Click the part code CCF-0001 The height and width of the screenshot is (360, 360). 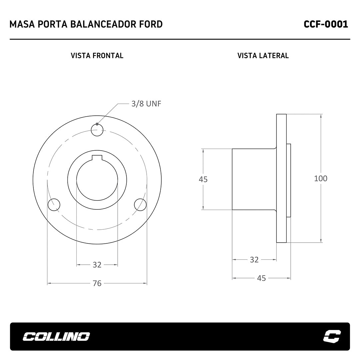(326, 24)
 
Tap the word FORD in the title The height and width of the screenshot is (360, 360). (151, 24)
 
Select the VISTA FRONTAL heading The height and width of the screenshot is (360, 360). (97, 56)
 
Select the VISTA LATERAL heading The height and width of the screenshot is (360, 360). (263, 56)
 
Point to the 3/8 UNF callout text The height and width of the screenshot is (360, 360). (146, 104)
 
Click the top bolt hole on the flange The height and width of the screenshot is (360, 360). (97, 130)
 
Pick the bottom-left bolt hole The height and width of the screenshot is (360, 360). (54, 205)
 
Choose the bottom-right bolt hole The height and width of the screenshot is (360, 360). (140, 205)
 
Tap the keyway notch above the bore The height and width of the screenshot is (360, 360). (97, 157)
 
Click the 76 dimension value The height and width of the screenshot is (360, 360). (97, 283)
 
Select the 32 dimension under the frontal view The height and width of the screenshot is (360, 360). (97, 265)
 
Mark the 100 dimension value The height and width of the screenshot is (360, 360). (321, 178)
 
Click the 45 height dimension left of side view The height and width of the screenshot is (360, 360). (203, 179)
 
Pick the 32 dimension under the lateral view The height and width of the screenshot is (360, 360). (254, 260)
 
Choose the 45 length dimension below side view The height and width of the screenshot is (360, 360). (262, 278)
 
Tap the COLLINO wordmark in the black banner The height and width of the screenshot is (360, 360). (56, 337)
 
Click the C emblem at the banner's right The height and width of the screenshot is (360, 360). (332, 336)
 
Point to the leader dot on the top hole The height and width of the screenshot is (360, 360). (97, 124)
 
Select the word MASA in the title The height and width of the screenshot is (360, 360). (22, 24)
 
